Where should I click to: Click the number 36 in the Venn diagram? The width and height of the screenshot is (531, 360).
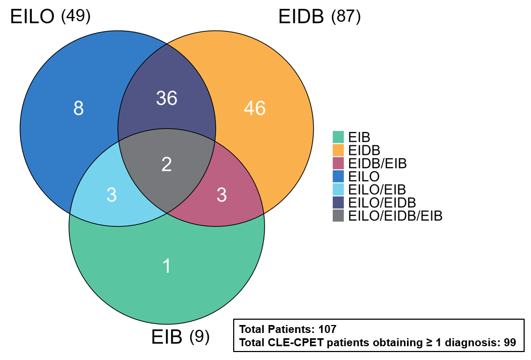point(166,98)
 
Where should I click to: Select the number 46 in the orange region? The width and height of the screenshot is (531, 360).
point(255,108)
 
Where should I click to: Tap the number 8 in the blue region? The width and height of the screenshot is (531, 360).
point(78,108)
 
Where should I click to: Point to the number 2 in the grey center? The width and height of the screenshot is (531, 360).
point(166,164)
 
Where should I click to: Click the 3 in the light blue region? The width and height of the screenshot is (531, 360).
point(112,195)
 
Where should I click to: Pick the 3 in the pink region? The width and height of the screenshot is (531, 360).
point(222,195)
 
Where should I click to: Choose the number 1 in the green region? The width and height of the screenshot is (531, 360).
point(166,266)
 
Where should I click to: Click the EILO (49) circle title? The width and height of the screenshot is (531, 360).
point(50,16)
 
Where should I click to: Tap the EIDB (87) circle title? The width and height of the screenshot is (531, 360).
point(320,16)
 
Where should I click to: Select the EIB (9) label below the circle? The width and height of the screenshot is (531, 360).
point(180,337)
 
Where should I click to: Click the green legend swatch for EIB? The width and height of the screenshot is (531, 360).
point(338,137)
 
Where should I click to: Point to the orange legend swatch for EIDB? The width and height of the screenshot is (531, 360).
point(338,150)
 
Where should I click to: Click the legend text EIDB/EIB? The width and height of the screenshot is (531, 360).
point(377,163)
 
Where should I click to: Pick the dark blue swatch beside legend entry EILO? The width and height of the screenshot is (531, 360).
point(338,176)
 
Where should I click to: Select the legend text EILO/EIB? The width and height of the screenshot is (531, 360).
point(377,189)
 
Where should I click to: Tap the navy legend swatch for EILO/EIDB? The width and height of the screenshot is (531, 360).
point(338,203)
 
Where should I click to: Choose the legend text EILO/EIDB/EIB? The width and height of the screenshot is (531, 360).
point(395,216)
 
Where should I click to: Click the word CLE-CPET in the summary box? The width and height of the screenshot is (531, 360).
point(296,343)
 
